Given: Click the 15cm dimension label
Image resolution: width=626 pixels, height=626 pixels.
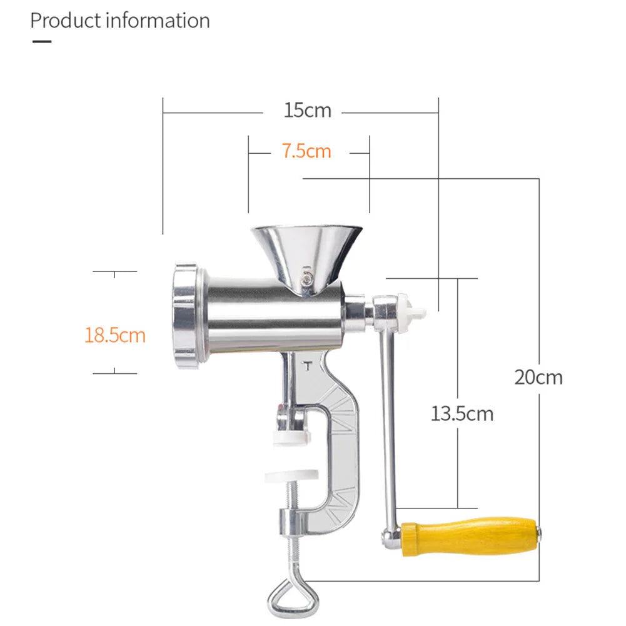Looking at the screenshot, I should [x=307, y=111].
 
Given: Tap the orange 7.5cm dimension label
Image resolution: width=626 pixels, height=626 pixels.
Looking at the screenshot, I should [x=306, y=151].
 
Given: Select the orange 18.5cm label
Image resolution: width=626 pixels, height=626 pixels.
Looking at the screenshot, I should [x=115, y=335].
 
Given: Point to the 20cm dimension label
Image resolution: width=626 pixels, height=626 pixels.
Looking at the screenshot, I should [x=538, y=377].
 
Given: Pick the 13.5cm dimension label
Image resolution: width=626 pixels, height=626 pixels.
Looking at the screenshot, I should [x=462, y=413].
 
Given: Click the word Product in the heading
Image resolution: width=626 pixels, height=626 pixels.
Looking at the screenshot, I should [x=66, y=21].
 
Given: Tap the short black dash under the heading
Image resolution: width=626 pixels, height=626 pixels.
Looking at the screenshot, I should [x=41, y=42].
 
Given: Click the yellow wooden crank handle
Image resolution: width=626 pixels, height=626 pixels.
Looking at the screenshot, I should [x=469, y=536].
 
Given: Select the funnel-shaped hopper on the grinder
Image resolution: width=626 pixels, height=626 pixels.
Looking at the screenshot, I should [x=306, y=250].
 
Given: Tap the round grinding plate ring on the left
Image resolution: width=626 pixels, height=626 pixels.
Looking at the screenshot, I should [x=186, y=316].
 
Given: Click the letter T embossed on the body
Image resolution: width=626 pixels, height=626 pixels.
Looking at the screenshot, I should [x=306, y=365].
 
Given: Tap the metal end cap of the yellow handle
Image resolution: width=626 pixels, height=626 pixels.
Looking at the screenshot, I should [x=539, y=533].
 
